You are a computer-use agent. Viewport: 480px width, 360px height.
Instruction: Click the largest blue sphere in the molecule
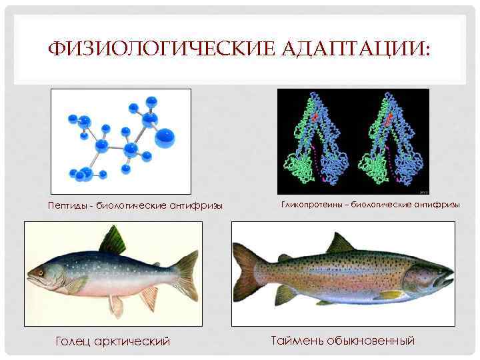[x=165, y=138]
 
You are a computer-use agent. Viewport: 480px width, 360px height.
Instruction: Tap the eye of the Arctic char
[x=39, y=272]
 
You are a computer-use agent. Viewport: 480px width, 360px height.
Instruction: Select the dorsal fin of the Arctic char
[x=113, y=241]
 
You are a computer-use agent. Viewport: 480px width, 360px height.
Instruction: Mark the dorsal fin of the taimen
[x=339, y=243]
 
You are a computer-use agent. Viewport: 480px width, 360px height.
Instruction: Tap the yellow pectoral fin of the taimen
[x=390, y=294]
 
